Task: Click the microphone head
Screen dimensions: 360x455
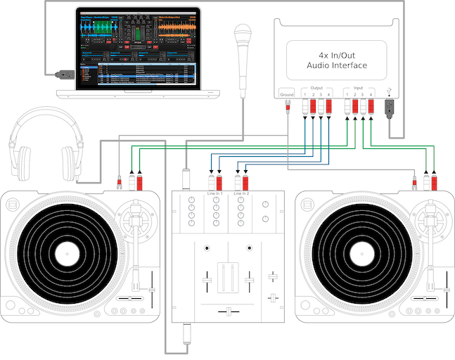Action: coord(243,34)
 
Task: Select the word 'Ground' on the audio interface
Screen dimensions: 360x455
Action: coord(287,94)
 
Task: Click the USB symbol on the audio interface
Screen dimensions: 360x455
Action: coord(389,92)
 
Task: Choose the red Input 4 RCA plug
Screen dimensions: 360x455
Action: coord(372,108)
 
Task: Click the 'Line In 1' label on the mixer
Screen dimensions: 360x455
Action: coord(214,193)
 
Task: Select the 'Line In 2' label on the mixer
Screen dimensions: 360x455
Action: coord(241,193)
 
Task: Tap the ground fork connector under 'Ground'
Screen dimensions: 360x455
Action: coord(287,106)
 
